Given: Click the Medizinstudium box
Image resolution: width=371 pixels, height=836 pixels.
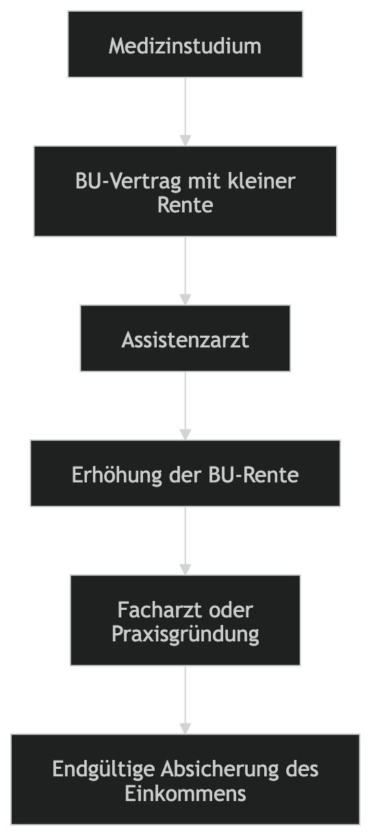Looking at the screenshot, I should tap(185, 45).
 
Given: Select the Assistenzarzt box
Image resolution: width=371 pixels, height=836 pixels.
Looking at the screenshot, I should tap(185, 339).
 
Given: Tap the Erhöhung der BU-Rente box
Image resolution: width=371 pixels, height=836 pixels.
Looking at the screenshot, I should tap(185, 474).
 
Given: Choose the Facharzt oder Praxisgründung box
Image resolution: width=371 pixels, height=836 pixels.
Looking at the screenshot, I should tap(185, 620).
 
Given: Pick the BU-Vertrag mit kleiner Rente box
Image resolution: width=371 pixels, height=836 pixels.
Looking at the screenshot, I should tap(185, 191).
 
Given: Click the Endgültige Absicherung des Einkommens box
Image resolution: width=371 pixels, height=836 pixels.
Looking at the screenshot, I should tap(185, 779).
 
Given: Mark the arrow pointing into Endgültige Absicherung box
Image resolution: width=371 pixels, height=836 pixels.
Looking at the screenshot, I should tap(185, 700).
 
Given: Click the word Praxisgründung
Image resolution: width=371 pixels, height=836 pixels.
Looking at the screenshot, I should tap(185, 634).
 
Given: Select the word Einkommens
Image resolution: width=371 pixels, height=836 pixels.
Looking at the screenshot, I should tap(185, 794).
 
